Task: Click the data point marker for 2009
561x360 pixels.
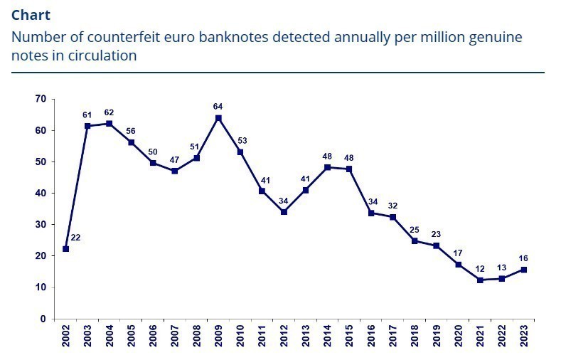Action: coord(218,118)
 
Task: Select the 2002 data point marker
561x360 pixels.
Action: coord(65,249)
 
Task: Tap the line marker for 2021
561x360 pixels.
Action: coord(481,280)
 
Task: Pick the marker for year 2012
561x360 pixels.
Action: coord(284,212)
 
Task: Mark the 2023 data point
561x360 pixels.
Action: coord(524,269)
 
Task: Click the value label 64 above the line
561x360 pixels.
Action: coord(218,107)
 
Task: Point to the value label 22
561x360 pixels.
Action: coord(75,238)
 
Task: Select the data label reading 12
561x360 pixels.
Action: coord(481,269)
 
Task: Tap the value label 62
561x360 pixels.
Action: coord(109,112)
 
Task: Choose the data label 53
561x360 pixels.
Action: coord(240,141)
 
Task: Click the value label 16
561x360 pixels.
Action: coord(524,258)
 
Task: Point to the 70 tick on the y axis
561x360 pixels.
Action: coord(41,99)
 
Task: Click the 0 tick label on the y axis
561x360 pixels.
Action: coord(43,319)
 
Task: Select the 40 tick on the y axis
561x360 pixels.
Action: coord(41,193)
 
